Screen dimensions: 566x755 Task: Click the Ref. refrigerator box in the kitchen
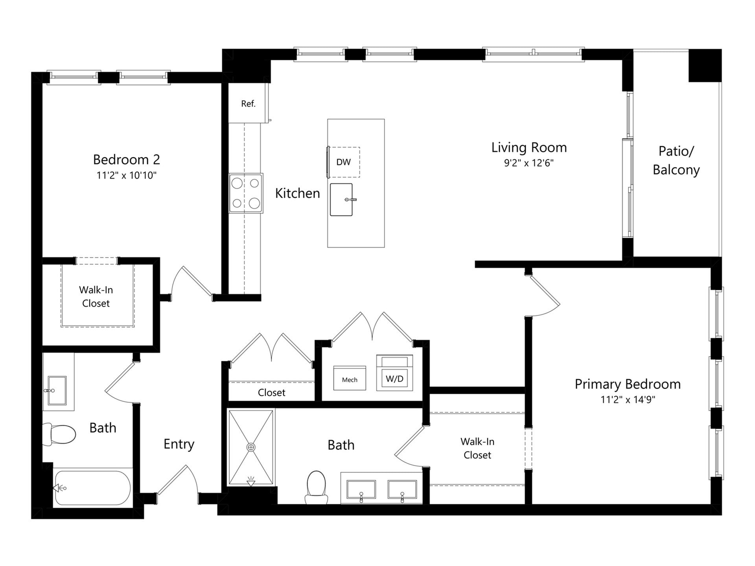click(x=248, y=103)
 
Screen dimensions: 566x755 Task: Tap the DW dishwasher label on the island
click(x=343, y=162)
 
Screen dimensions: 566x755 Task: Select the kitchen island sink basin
click(x=341, y=200)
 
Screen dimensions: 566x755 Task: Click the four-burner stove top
click(x=246, y=193)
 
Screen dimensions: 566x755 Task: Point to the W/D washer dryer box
click(x=394, y=378)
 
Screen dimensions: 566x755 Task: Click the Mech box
click(x=350, y=379)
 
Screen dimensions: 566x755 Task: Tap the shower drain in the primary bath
click(x=251, y=447)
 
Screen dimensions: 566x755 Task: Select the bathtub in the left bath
click(x=92, y=488)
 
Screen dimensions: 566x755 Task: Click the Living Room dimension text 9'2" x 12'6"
click(x=529, y=163)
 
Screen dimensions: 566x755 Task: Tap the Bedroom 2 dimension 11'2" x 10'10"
click(x=127, y=175)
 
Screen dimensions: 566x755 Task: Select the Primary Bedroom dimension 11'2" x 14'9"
click(x=628, y=400)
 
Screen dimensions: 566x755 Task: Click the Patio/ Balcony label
click(x=676, y=160)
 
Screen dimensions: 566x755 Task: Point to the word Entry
click(x=179, y=444)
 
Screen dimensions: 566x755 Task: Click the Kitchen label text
click(x=297, y=193)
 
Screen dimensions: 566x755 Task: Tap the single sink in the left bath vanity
click(x=57, y=390)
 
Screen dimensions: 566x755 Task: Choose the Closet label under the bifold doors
click(x=271, y=392)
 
